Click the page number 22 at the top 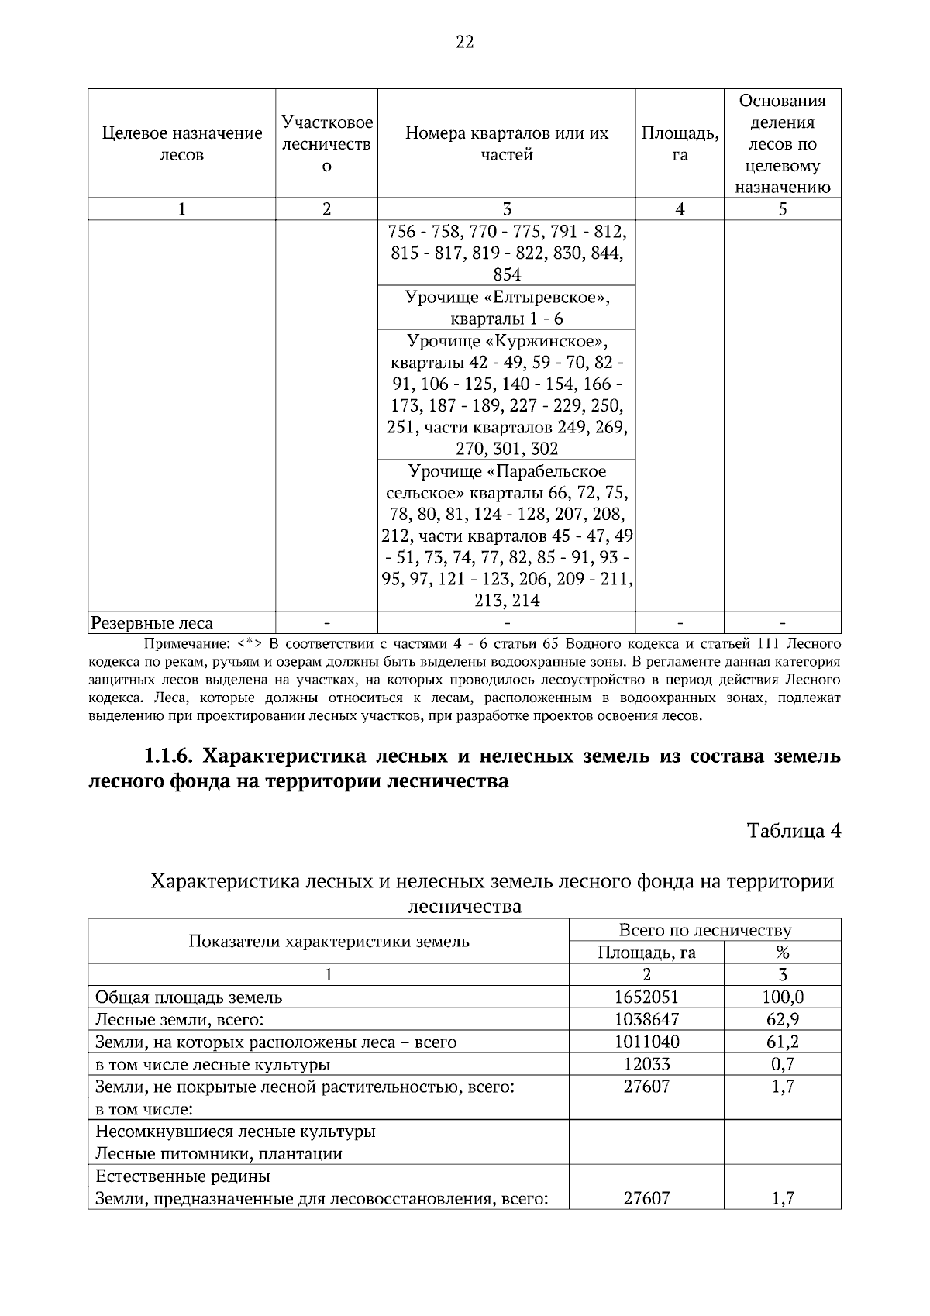[464, 43]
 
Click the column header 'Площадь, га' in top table [679, 144]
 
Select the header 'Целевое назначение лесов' [182, 144]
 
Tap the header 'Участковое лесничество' [326, 144]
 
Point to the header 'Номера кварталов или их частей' [506, 144]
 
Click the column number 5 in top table [782, 209]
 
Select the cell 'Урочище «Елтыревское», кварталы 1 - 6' [506, 308]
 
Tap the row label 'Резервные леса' [152, 623]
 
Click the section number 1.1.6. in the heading [173, 756]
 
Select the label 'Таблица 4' [794, 831]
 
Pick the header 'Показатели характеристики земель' [329, 942]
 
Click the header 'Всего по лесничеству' [704, 931]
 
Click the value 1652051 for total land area [646, 997]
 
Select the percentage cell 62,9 [782, 1020]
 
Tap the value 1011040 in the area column [646, 1042]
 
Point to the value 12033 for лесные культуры [646, 1065]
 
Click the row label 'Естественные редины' [183, 1176]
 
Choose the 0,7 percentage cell [782, 1065]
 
